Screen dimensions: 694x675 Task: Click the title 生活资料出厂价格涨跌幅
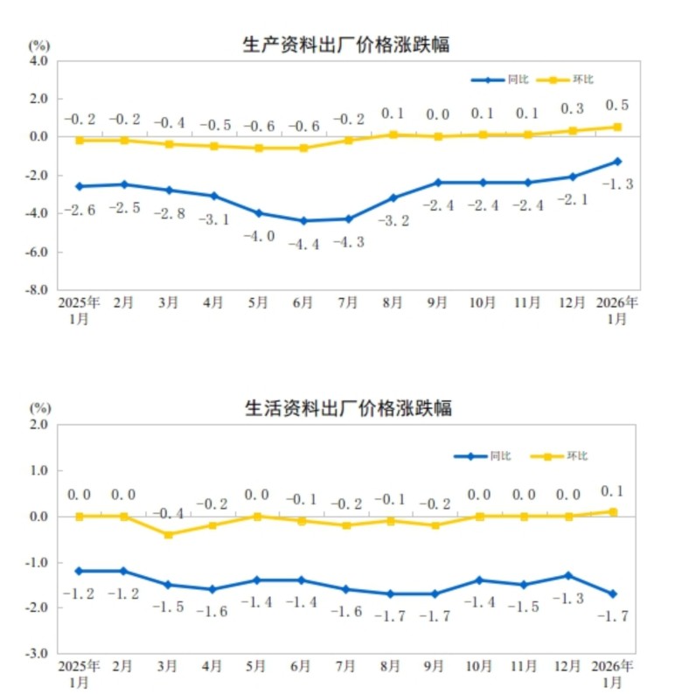pos(347,408)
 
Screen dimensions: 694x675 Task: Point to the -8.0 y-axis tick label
pos(38,290)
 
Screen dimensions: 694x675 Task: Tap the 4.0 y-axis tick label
pos(39,61)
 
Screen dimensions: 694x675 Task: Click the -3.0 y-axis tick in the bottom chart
pos(38,653)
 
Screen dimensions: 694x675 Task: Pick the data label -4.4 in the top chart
pos(303,243)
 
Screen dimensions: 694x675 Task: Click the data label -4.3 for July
pos(348,242)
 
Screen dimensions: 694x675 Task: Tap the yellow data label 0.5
pos(616,106)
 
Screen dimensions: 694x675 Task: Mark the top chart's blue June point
pos(303,221)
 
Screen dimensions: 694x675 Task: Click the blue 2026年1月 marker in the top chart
pos(617,161)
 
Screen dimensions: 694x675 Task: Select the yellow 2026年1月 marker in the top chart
pos(617,127)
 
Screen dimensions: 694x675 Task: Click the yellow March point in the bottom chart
pos(169,534)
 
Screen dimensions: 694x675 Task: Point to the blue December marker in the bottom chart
pos(569,575)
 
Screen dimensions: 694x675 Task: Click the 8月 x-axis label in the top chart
pos(393,302)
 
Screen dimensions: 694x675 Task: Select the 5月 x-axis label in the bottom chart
pos(257,666)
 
